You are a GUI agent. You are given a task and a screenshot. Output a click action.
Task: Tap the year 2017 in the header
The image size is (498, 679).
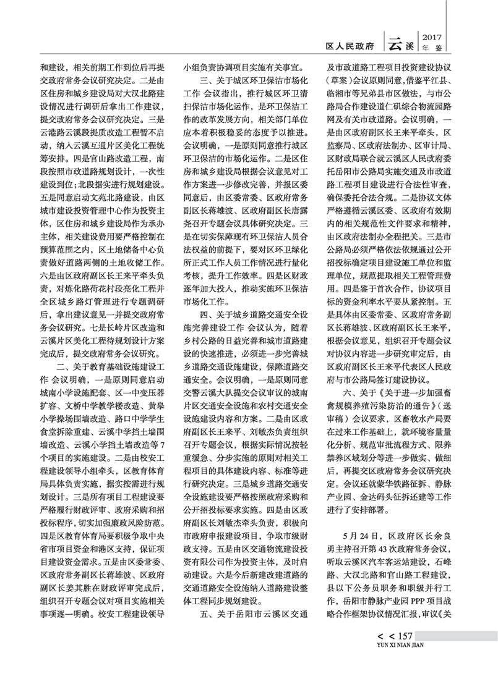point(432,36)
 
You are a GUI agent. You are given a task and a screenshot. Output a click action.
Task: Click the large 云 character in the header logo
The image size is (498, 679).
point(394,43)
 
